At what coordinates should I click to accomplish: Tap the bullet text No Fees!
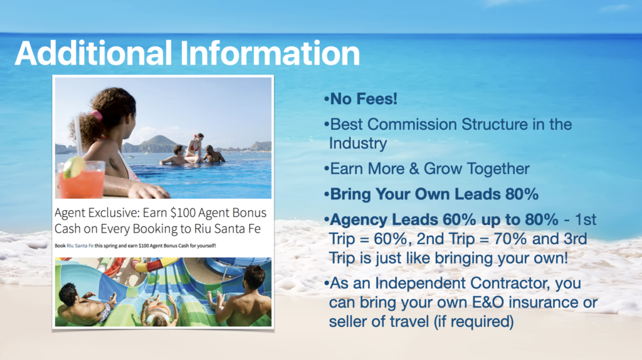364,98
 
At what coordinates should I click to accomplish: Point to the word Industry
358,144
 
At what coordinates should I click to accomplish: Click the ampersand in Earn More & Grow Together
414,169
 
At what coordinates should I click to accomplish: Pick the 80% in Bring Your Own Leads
522,194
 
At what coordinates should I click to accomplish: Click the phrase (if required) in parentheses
473,322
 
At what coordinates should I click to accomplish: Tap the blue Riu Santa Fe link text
80,246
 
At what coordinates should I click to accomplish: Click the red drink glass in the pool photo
82,180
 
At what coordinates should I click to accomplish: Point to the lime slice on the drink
74,167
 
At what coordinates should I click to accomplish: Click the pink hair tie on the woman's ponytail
96,115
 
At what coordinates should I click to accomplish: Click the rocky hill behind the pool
153,144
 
